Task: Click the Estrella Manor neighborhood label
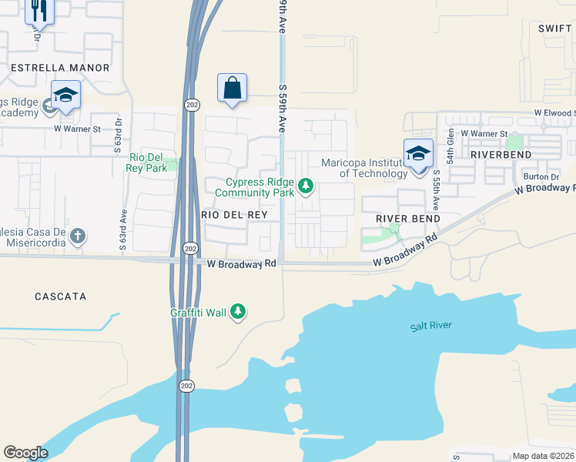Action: coord(60,68)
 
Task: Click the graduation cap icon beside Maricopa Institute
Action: coord(418,152)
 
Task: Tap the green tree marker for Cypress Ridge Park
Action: coord(306,186)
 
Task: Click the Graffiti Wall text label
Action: coord(199,312)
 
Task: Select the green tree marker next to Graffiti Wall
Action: coord(239,310)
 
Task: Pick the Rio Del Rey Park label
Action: coord(148,162)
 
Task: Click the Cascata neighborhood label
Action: coord(61,296)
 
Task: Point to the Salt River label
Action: coord(430,326)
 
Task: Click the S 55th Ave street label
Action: coord(435,190)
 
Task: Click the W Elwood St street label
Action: coord(554,113)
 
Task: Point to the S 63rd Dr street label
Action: coord(119,136)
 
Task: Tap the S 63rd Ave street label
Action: coord(122,229)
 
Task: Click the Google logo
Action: coord(25,453)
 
